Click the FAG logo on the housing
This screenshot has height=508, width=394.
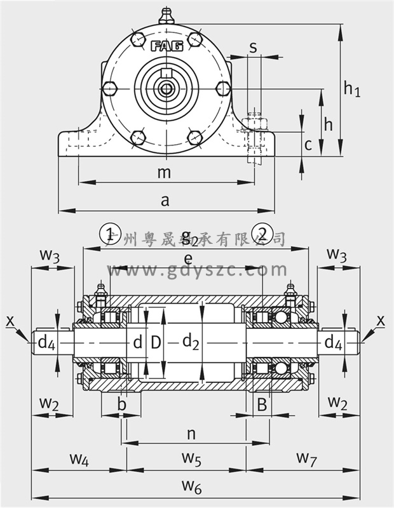coord(166,46)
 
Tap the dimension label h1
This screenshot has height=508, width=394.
coord(351,89)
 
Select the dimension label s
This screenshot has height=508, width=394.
coord(253,47)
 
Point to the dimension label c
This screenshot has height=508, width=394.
coord(308,145)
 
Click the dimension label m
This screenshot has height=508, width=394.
coord(164,172)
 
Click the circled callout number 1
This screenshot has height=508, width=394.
coord(110,233)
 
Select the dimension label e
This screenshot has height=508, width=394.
coord(189,258)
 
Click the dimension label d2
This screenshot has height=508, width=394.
coord(191,342)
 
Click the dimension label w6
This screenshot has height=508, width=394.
coord(191,487)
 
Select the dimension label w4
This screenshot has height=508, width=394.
coord(79,459)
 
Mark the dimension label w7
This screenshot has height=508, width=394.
coord(306,458)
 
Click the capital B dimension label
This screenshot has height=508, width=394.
coord(261,405)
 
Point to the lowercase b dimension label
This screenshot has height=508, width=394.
coord(122,405)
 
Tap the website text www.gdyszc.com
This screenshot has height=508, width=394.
coord(198,270)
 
